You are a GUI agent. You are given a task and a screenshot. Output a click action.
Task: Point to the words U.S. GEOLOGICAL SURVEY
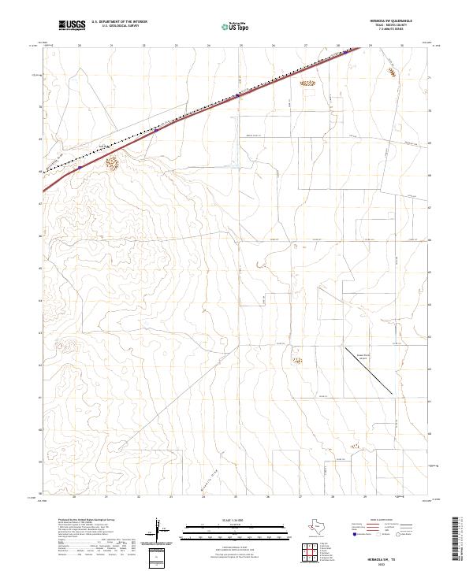pos(120,26)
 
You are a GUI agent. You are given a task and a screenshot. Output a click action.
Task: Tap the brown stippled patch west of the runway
pos(297,361)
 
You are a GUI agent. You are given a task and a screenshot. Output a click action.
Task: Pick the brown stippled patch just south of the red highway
pos(111,164)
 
